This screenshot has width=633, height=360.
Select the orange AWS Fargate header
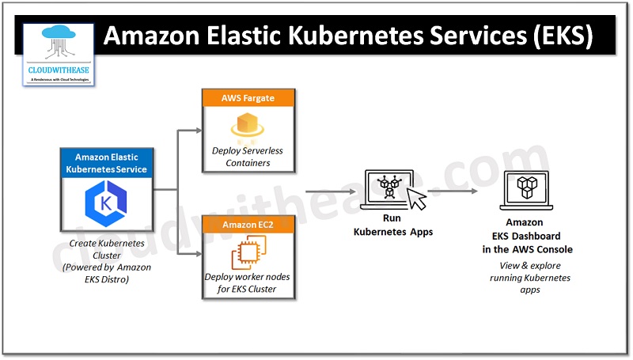pos(248,98)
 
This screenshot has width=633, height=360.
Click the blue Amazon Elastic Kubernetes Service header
pos(106,164)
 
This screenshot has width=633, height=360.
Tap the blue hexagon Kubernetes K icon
pos(106,205)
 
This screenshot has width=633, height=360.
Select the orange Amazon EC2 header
pos(248,224)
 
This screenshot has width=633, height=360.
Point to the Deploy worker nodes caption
pos(248,283)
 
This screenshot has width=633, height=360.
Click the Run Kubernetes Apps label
pos(387,227)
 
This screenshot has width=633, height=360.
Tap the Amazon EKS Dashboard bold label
pos(533,237)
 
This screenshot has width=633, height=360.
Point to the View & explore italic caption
pos(533,278)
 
